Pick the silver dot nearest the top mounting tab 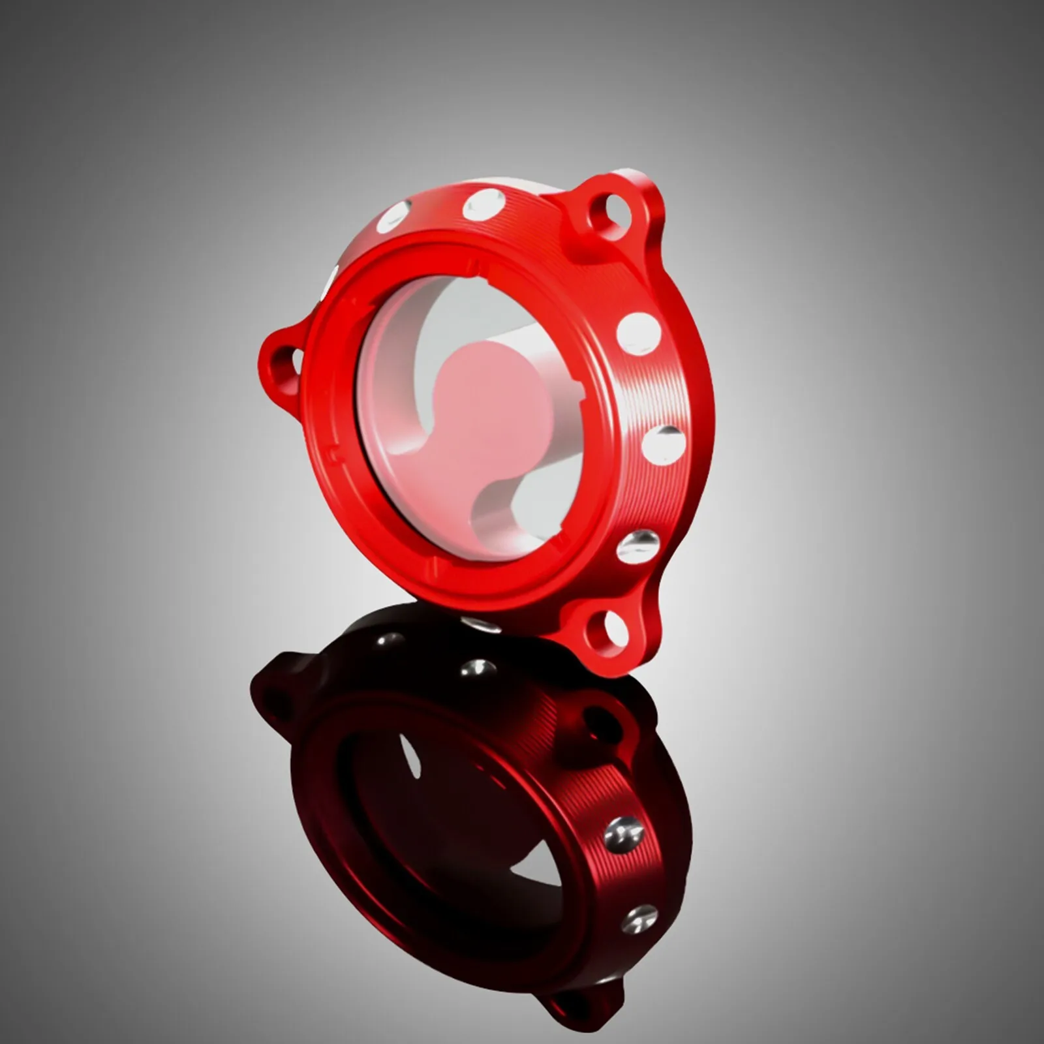484,204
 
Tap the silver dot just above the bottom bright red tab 638,547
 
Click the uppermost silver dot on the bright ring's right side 638,333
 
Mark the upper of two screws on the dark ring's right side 624,833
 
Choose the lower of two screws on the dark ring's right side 639,919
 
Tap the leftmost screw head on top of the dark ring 390,639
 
